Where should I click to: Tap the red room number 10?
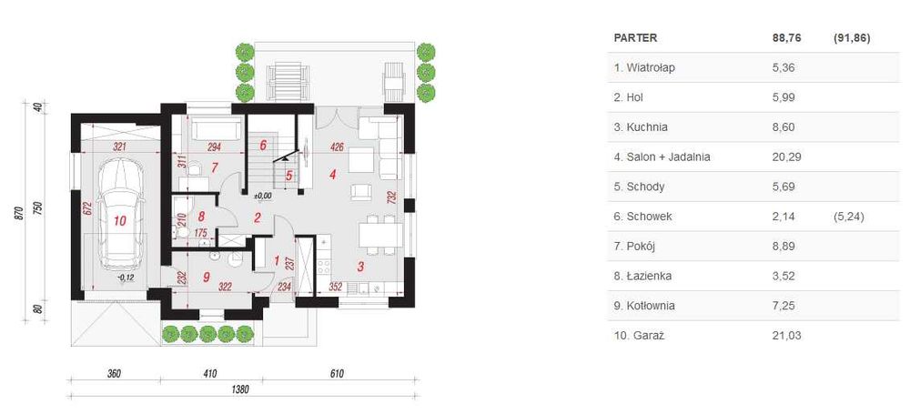point(120,220)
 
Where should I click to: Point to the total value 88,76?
point(786,38)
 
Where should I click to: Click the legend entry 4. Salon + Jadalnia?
point(662,157)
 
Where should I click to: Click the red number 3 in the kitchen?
point(360,268)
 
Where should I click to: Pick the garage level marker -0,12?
point(126,278)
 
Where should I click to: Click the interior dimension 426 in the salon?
point(336,146)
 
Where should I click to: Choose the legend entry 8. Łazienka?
point(644,276)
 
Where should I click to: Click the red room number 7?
point(214,167)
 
